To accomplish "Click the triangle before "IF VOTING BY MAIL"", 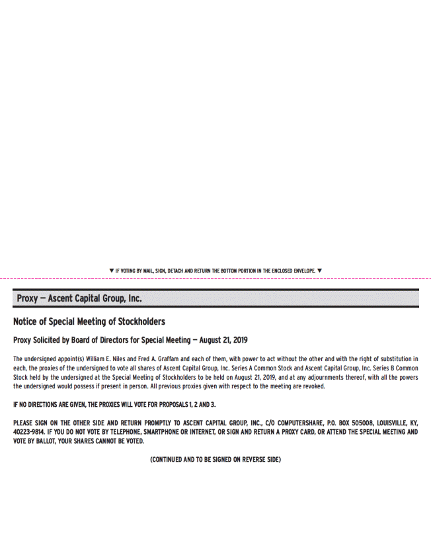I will pos(111,271).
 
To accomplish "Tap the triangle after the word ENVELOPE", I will pos(319,271).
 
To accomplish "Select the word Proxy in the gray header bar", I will pos(28,298).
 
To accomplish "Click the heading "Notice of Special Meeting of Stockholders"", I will pos(89,322).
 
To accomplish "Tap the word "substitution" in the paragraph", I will pos(395,359).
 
